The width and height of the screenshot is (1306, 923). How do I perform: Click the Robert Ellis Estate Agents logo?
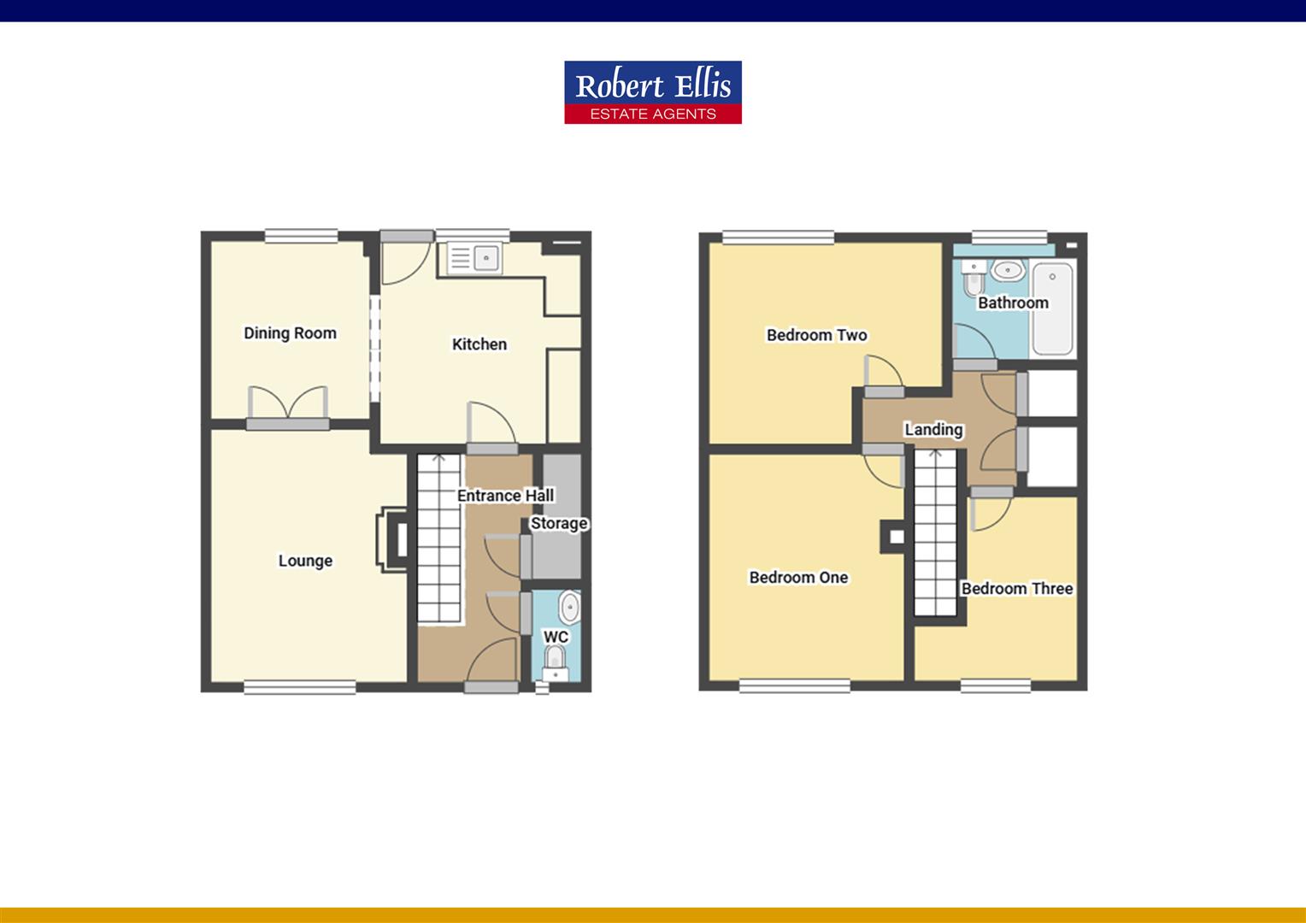click(x=653, y=92)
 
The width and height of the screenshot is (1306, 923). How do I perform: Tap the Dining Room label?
click(x=290, y=333)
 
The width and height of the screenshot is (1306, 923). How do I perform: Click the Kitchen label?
click(x=479, y=344)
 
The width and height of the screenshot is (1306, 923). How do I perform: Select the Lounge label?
click(x=305, y=561)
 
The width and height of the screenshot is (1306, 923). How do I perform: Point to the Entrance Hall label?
click(x=505, y=496)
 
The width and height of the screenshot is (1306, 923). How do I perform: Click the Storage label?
click(x=559, y=524)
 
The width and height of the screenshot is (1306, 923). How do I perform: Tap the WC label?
click(x=556, y=637)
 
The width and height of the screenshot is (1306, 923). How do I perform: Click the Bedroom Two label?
click(x=816, y=335)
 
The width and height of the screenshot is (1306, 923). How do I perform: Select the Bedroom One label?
click(x=799, y=577)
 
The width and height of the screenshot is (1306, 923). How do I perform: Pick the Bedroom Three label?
click(x=1017, y=588)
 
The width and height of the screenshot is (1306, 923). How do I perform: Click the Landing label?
click(x=933, y=430)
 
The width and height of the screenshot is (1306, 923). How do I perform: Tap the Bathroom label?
click(x=1013, y=303)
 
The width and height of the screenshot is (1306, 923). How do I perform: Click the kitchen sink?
click(x=474, y=258)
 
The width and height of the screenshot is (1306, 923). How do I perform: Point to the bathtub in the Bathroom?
click(x=1052, y=309)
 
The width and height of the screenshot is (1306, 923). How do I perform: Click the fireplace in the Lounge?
click(x=392, y=539)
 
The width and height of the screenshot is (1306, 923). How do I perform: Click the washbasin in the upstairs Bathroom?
click(x=1008, y=270)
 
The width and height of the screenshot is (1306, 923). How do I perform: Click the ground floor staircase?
click(x=439, y=538)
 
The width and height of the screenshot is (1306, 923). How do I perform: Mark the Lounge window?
click(x=300, y=687)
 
